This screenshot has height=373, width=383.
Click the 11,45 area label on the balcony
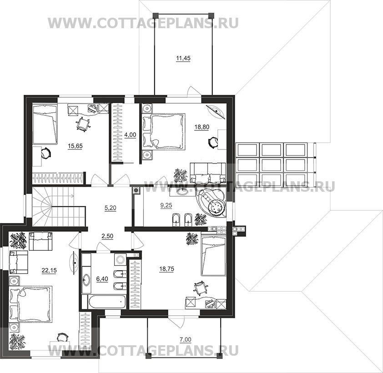[183, 58]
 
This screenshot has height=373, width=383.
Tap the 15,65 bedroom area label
[75, 146]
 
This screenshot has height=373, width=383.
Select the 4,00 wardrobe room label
[130, 134]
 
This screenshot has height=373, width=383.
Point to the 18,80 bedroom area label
[202, 127]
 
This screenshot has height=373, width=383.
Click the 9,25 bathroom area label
[166, 205]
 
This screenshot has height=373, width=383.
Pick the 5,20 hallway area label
[110, 208]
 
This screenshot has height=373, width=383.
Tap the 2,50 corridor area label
[107, 236]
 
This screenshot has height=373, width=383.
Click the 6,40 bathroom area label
[102, 279]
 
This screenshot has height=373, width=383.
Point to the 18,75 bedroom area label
[167, 269]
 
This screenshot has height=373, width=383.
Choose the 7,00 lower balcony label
[186, 339]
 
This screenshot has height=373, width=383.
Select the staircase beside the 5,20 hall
[59, 206]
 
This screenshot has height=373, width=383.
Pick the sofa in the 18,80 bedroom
[208, 173]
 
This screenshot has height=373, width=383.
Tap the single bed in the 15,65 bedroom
[45, 124]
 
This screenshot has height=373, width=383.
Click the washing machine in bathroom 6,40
[120, 259]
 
